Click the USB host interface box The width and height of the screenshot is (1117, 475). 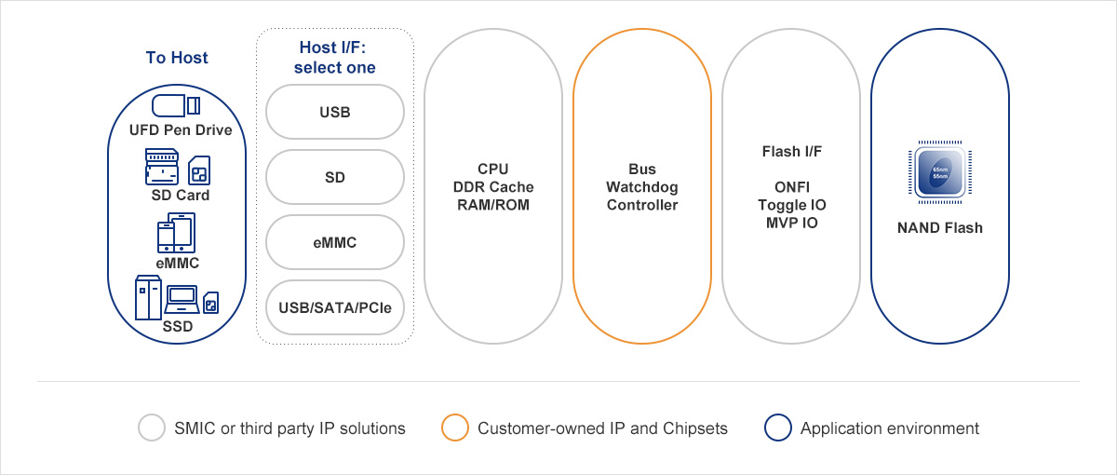(335, 113)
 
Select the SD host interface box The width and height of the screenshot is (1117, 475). (335, 177)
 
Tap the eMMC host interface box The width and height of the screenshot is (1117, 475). (335, 242)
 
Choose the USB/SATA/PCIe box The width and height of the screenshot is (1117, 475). (335, 306)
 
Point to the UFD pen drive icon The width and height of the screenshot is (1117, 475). (176, 105)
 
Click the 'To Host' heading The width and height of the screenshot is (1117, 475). (177, 58)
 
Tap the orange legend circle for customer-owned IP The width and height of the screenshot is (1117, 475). (455, 428)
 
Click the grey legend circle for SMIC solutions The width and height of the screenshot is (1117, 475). (152, 428)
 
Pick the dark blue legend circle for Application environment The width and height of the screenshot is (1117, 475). (778, 428)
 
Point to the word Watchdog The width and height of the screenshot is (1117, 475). (642, 187)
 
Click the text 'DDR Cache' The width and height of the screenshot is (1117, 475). (493, 187)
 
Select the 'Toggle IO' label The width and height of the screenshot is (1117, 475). (791, 205)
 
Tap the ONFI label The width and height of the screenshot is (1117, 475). (791, 187)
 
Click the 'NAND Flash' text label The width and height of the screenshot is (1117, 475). (940, 227)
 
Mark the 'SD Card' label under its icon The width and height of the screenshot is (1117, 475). (181, 196)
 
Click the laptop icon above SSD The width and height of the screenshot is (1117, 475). (182, 298)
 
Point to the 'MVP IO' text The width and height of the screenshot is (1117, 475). (791, 223)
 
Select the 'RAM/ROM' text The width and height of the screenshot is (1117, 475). (493, 205)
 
